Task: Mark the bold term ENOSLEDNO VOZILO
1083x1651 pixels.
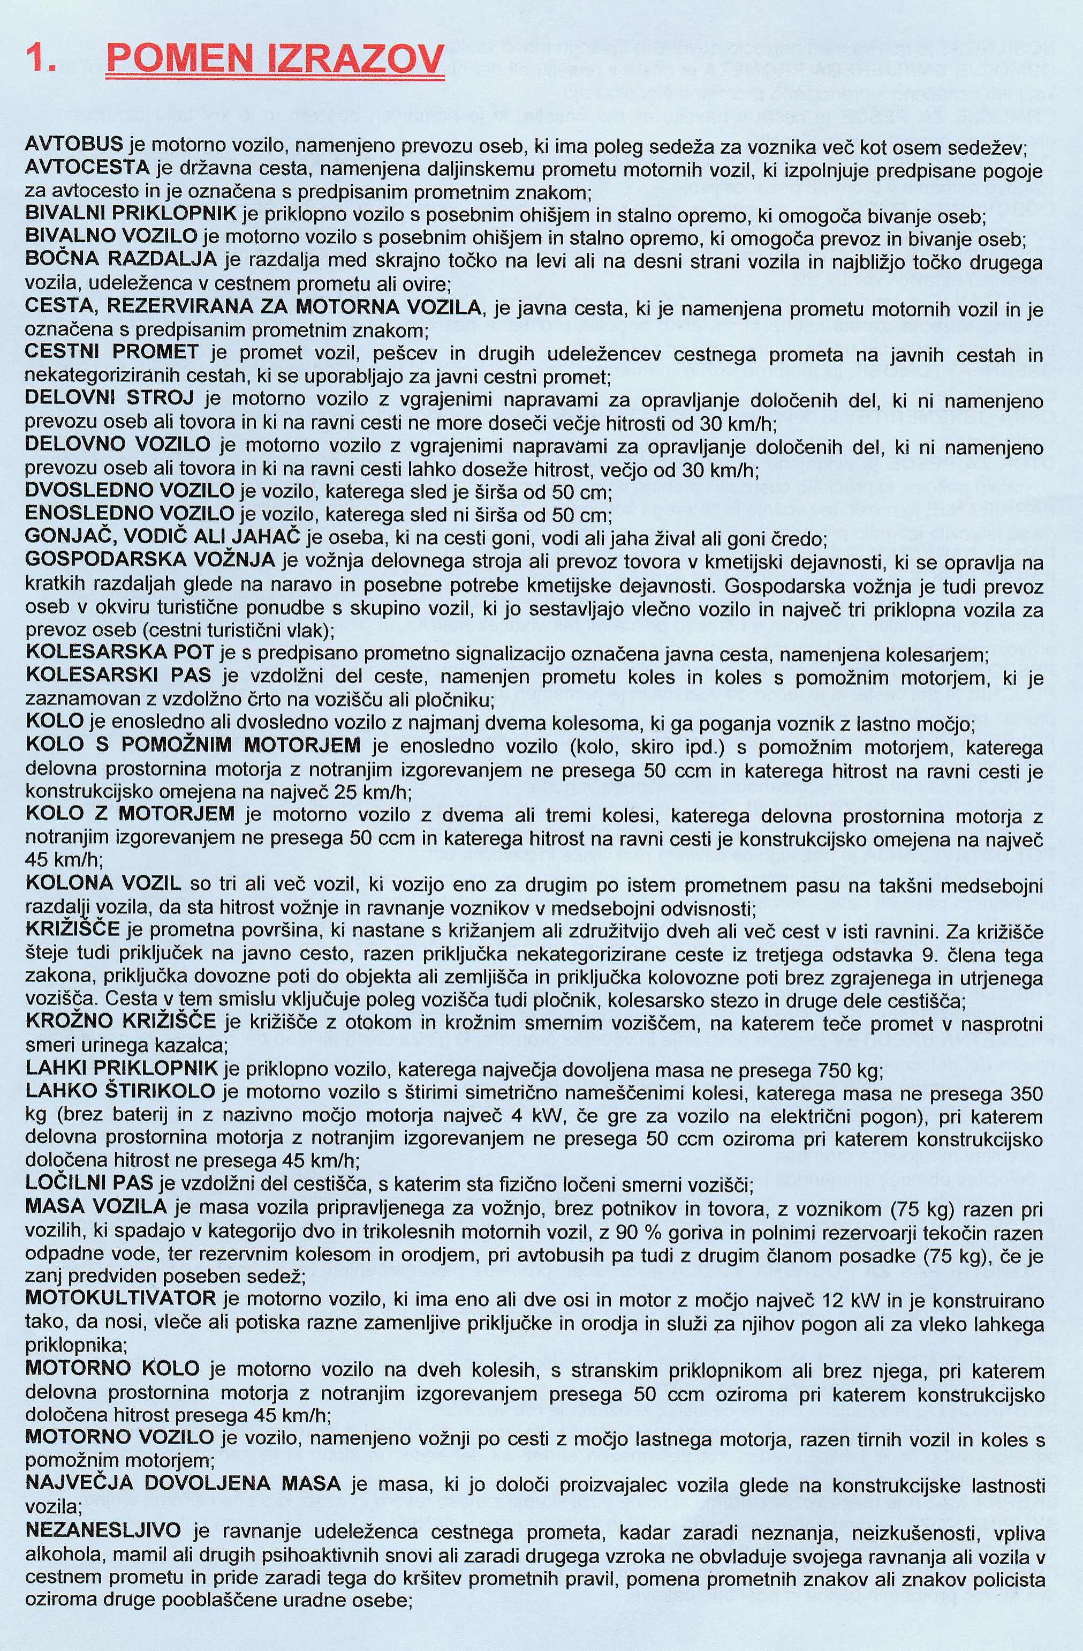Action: pos(130,514)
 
